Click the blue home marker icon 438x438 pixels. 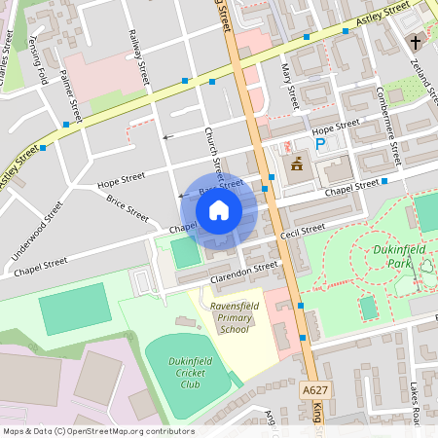[x=219, y=209]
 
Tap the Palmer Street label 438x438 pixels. [x=71, y=95]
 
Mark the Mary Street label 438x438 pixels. [x=288, y=84]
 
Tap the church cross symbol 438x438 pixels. [x=415, y=42]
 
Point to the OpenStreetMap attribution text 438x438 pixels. [x=97, y=431]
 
